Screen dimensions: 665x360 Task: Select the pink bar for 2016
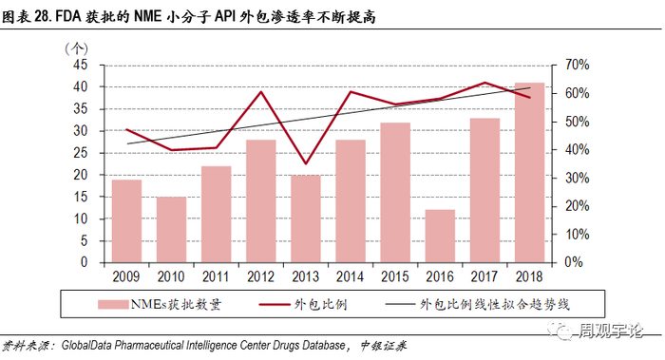[440, 236]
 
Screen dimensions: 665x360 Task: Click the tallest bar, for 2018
[529, 173]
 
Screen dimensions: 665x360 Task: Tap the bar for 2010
[171, 230]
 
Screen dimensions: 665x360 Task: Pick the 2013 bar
[306, 218]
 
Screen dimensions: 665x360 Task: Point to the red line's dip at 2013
[306, 163]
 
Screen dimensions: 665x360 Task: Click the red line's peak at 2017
[484, 83]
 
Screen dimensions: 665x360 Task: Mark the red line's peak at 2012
[261, 91]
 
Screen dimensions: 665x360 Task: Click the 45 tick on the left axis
[81, 65]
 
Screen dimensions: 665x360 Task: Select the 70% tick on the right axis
[578, 65]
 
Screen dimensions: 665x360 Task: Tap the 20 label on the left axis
[81, 175]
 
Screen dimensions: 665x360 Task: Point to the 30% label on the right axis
[578, 178]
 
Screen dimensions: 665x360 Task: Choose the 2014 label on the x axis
[350, 277]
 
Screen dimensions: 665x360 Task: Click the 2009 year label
[126, 277]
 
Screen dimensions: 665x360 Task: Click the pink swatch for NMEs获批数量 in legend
[113, 305]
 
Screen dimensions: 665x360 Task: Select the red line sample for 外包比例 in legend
[274, 304]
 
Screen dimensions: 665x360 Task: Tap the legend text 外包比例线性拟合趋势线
[495, 304]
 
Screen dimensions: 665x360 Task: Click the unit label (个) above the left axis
[76, 48]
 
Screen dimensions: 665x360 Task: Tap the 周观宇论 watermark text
[610, 331]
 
